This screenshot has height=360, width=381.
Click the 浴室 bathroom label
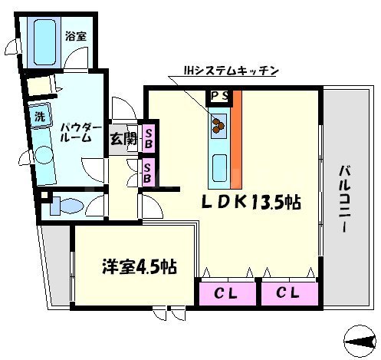(75, 35)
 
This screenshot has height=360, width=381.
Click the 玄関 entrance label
(121, 139)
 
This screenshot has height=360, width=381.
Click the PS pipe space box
(218, 97)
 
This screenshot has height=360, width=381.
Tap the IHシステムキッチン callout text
(230, 71)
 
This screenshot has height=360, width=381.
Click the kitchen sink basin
(218, 166)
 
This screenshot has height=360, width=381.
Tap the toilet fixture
(67, 206)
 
